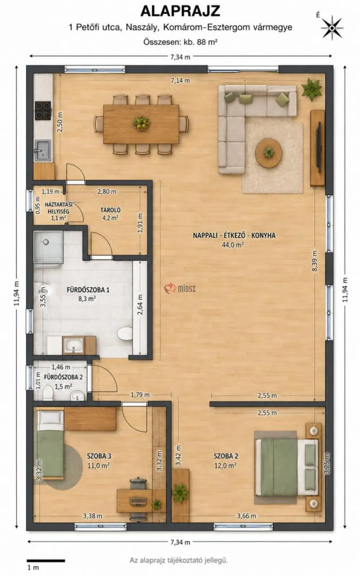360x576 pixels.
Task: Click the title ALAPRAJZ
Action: point(180,11)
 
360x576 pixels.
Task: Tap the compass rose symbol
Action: point(332,28)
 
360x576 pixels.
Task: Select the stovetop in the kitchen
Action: point(43,111)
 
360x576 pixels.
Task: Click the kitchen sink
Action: point(43,150)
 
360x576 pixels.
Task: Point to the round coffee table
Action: point(269,153)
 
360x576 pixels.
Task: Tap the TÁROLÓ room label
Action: point(111,210)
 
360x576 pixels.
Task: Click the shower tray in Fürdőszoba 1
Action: point(48,247)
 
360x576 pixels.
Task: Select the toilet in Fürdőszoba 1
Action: point(125,334)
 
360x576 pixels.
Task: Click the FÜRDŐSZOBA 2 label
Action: point(63,377)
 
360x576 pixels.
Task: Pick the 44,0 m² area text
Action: point(233,245)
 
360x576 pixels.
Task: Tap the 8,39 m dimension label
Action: point(314,261)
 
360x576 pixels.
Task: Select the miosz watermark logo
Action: point(180,288)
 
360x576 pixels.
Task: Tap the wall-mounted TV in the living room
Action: point(319,148)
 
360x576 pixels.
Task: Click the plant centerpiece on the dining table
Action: point(141,123)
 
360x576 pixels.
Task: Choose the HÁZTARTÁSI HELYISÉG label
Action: point(58,208)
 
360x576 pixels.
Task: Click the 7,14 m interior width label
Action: point(180,81)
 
